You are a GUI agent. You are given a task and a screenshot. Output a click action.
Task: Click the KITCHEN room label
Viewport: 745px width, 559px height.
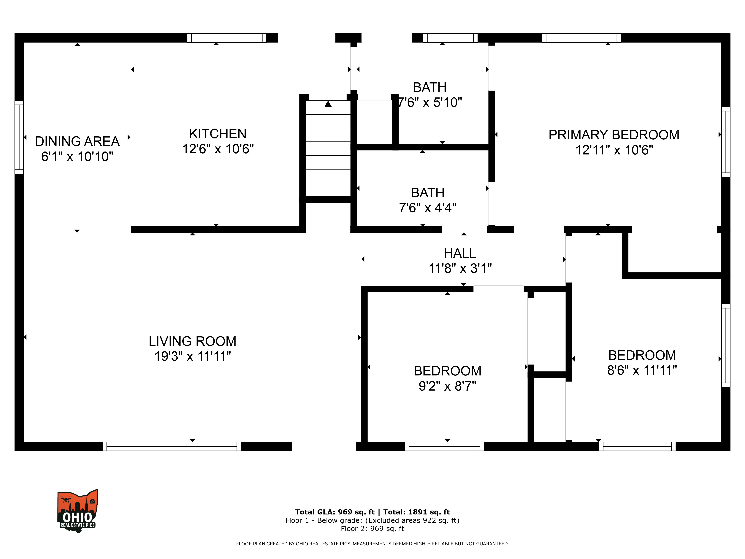coord(218,134)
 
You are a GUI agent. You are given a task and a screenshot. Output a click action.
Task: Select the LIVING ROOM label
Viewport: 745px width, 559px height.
coord(192,341)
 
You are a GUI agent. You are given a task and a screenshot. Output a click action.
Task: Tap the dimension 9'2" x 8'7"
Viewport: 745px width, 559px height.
coord(447,386)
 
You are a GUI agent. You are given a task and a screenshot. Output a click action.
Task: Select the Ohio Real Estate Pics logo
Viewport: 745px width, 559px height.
coord(77,511)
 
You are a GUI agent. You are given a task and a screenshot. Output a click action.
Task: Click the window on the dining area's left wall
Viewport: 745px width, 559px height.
coord(19,137)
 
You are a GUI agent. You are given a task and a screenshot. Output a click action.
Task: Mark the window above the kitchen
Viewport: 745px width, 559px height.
coord(227,38)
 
